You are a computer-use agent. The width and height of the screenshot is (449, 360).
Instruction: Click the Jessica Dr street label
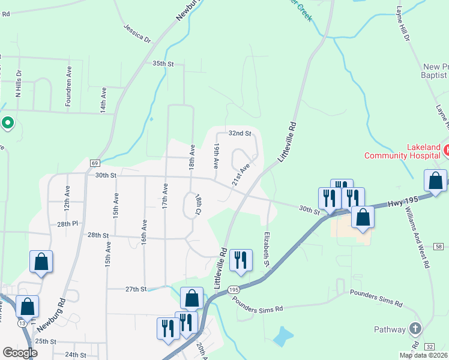[137, 33]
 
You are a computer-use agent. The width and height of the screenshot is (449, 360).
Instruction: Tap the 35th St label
[163, 64]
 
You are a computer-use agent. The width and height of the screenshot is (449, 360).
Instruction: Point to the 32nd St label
[238, 133]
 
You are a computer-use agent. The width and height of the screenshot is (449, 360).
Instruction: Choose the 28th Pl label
[68, 224]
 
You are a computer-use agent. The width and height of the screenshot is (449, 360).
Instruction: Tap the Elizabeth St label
[266, 250]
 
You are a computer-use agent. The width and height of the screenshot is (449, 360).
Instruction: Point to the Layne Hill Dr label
[402, 25]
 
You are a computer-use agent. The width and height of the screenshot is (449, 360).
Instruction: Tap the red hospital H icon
[447, 148]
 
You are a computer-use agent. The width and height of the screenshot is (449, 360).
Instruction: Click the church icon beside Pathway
[415, 328]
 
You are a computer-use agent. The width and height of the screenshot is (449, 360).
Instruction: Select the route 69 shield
[95, 163]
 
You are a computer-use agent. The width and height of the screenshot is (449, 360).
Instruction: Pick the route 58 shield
[440, 247]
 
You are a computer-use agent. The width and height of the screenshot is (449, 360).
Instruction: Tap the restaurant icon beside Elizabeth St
[240, 260]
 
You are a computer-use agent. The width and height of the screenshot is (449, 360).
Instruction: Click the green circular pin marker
[7, 123]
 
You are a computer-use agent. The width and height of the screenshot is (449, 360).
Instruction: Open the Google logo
[20, 353]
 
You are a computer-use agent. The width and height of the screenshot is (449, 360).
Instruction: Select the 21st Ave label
[241, 176]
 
